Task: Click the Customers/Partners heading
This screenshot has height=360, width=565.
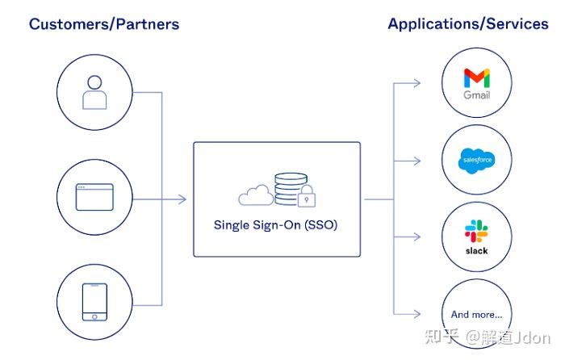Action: tap(104, 24)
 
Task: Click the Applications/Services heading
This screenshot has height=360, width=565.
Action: tap(468, 24)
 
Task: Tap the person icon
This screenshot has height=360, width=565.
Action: tap(94, 92)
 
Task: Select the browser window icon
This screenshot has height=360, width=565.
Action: tap(94, 197)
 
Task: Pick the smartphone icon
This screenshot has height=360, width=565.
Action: tap(94, 302)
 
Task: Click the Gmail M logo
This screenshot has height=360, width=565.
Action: tap(477, 77)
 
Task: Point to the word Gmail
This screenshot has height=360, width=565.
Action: tap(477, 95)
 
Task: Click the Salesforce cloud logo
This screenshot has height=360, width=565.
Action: tap(477, 161)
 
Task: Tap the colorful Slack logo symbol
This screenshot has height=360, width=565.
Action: tap(476, 231)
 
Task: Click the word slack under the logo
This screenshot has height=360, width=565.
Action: tap(476, 251)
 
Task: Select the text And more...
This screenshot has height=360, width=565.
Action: tap(476, 315)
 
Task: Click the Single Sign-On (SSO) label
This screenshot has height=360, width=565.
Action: tap(276, 225)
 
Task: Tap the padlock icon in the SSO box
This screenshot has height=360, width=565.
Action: tap(307, 196)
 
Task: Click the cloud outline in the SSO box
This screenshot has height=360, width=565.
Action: tap(256, 195)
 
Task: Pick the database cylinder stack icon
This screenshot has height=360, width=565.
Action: tap(291, 189)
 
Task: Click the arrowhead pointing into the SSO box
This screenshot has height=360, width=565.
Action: tap(182, 199)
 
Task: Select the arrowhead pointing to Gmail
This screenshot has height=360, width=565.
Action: tap(416, 83)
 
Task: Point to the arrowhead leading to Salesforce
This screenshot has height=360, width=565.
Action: tap(416, 161)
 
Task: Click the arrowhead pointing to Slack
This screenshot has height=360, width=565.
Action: tap(416, 237)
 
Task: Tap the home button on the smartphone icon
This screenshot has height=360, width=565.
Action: tap(94, 316)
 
